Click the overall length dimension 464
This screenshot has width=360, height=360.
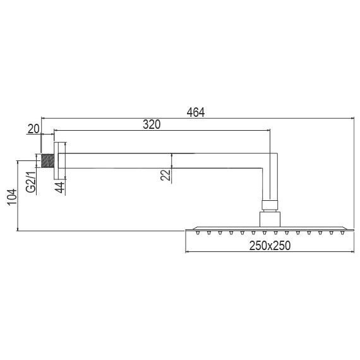point(196,112)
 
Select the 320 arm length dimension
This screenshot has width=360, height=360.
point(151,124)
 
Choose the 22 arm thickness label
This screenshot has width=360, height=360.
point(165,174)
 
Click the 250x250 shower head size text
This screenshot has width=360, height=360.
point(268,246)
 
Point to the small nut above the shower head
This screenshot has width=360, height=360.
point(270,204)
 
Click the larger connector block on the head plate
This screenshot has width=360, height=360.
point(270,219)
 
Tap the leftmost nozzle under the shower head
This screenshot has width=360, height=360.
point(198,233)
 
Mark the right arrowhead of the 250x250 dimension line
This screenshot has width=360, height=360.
point(352,253)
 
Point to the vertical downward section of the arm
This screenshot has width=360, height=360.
point(270,183)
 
